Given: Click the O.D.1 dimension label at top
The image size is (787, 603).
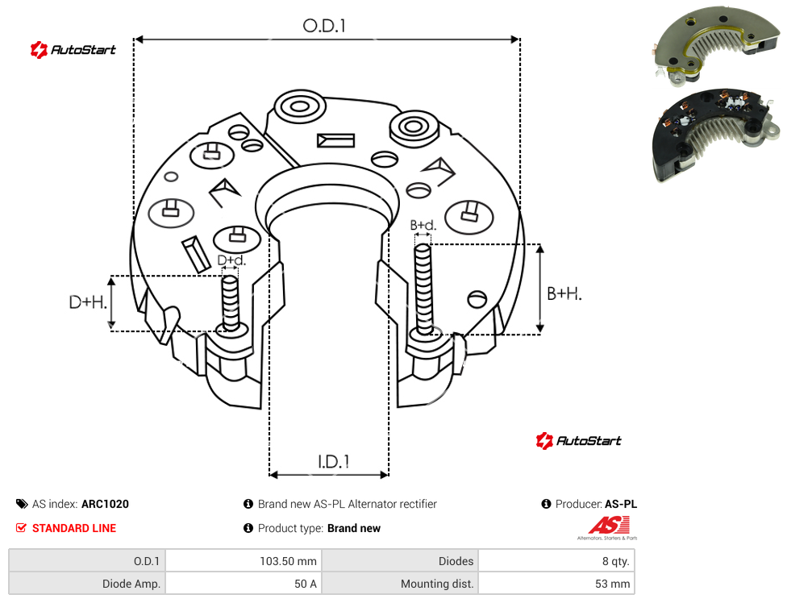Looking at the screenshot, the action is tap(324, 26).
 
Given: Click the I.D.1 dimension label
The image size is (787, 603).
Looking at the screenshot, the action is tap(334, 462).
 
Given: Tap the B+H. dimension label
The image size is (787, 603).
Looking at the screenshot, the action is tap(564, 293).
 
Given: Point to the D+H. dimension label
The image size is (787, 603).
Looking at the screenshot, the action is tap(88, 302).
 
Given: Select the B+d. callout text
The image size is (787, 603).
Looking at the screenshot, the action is tap(423, 225).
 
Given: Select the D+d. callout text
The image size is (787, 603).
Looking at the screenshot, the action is tap(231, 260).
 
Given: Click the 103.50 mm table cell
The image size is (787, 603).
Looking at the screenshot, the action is tap(288, 561).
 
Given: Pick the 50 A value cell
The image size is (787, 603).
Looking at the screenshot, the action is tap(305, 584).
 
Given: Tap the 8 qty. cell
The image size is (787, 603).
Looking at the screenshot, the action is tap(616, 561).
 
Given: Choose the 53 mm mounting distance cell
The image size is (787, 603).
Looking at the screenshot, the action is tap(612, 584).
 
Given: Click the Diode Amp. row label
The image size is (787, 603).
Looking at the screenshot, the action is tap(131, 584).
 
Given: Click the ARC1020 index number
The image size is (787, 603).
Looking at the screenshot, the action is tap(105, 504).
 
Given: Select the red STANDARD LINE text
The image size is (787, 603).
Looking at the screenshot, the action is tap(74, 528).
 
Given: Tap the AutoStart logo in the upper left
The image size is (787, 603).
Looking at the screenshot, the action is tap(73, 50).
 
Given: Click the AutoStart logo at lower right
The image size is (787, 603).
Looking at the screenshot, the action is tap(578, 440).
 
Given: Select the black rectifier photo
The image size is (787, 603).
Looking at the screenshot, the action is tap(716, 135).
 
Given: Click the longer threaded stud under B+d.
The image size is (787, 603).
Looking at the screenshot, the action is tap(423, 289).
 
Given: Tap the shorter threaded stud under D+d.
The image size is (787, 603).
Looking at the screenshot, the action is tap(231, 303).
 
